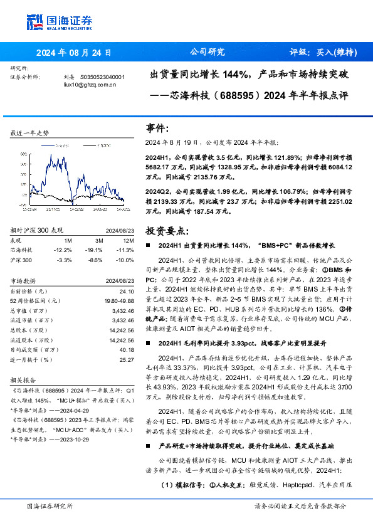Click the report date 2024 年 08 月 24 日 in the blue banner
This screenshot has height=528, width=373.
click(74, 53)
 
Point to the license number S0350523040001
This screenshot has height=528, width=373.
click(103, 77)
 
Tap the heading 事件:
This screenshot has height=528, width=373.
click(157, 128)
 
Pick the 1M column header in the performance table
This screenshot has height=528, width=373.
click(66, 240)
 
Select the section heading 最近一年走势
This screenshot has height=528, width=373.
click(30, 133)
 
